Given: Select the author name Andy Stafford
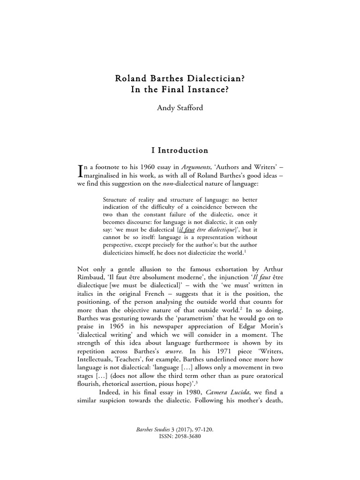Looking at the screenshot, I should coord(180,108).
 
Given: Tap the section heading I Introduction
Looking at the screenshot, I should coord(180,150).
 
